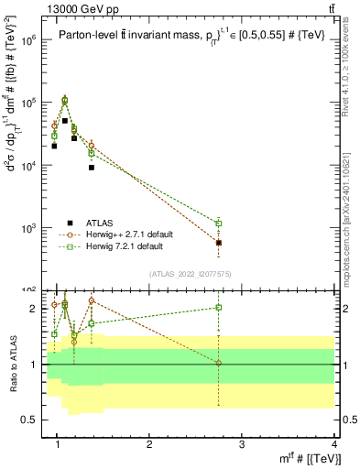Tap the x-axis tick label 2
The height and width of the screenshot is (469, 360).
149,444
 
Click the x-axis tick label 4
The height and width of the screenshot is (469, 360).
334,444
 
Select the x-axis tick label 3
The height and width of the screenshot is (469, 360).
242,444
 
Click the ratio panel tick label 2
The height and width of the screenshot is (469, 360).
33,309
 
